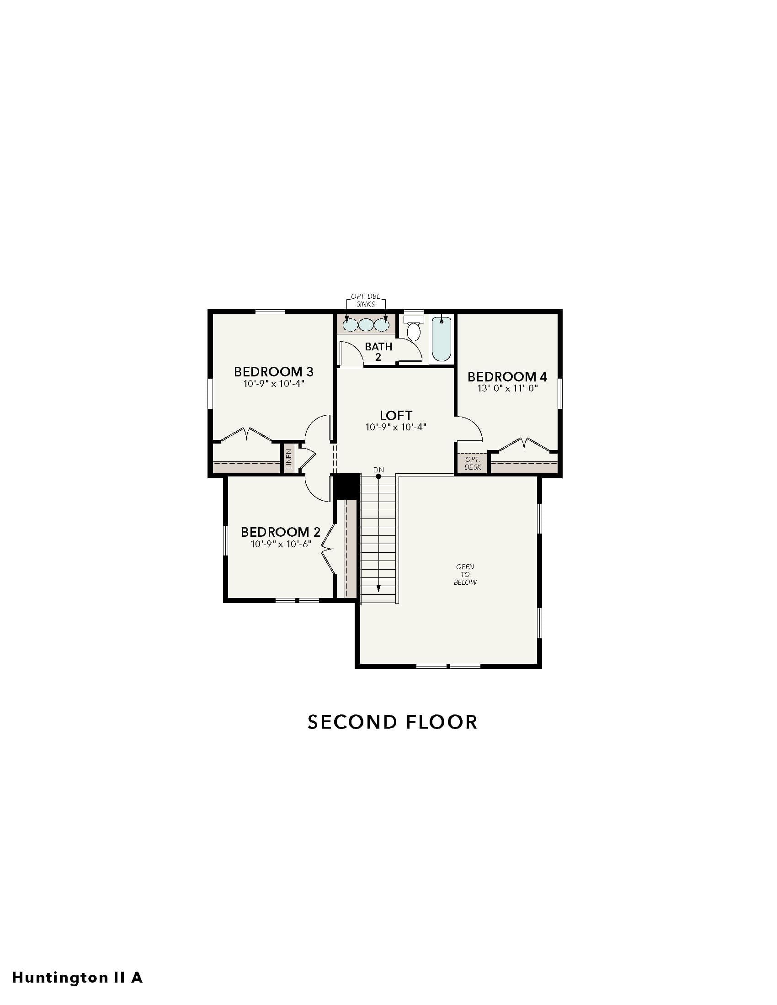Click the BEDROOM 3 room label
273,371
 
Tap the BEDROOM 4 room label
507,377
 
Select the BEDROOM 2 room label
280,532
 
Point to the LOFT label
396,416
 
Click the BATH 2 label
378,352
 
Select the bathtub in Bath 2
442,339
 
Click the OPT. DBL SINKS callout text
366,300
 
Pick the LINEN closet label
288,459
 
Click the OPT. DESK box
472,463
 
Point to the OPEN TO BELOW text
465,574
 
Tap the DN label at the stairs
378,470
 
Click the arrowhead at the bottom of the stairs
378,588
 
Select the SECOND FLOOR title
393,722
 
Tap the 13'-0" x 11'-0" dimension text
507,388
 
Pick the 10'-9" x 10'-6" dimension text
281,544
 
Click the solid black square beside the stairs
346,486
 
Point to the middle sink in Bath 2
366,325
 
